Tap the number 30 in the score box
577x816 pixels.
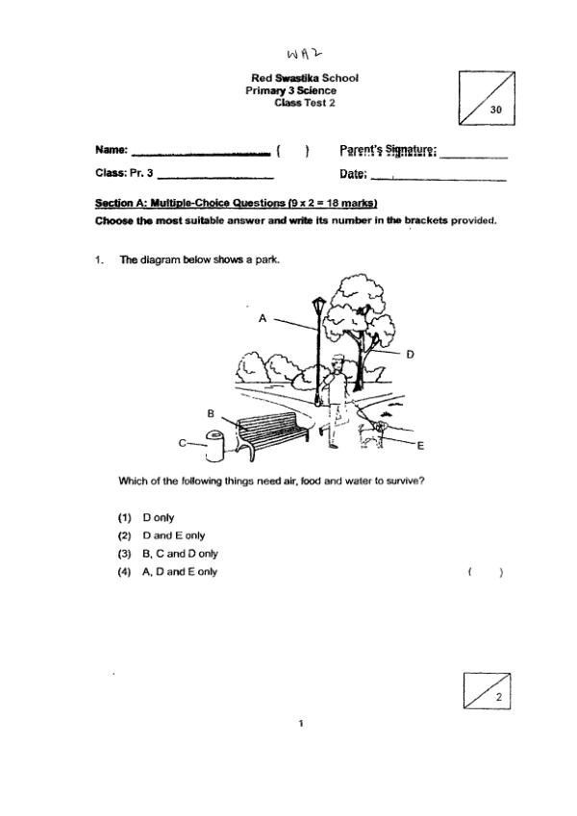[x=496, y=111]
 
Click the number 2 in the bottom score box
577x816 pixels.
[x=498, y=699]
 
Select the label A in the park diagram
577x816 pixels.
[x=262, y=318]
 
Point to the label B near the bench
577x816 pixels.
[x=212, y=411]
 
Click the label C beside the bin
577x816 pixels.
[x=182, y=443]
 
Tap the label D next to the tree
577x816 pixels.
[x=410, y=355]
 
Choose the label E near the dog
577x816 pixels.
[x=420, y=446]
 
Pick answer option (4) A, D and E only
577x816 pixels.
[x=180, y=572]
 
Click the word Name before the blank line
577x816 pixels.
[x=112, y=150]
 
